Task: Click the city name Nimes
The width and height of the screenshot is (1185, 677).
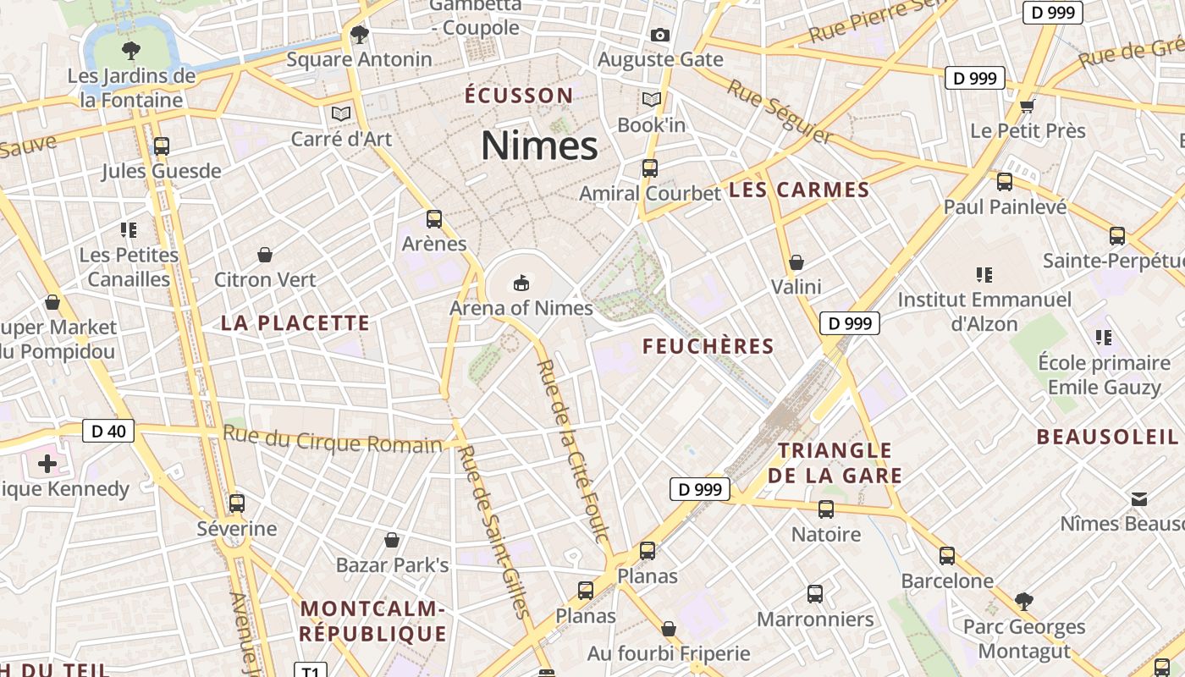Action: [539, 146]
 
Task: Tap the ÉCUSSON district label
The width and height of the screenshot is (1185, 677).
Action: [519, 95]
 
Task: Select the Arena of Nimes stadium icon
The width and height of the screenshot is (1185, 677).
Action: [521, 282]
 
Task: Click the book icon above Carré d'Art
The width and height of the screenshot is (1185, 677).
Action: [341, 113]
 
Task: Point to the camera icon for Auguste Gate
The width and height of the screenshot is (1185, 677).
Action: [660, 35]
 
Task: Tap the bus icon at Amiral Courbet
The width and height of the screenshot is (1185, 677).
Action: [650, 168]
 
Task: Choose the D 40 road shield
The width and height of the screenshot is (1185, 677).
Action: [108, 432]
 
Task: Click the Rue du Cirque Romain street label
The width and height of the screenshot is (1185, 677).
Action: [332, 440]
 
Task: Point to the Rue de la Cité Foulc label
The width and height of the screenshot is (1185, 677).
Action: [573, 450]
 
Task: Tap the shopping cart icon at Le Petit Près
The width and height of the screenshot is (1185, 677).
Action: [1028, 105]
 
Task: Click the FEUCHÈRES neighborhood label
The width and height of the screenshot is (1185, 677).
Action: [708, 346]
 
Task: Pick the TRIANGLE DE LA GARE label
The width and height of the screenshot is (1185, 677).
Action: [835, 463]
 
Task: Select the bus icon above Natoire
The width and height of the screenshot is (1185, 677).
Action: [826, 509]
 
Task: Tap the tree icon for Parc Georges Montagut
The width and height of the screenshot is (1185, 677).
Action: [1024, 602]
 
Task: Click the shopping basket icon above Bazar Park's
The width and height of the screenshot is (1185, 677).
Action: [392, 539]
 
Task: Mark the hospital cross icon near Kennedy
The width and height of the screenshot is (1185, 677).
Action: [47, 463]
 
